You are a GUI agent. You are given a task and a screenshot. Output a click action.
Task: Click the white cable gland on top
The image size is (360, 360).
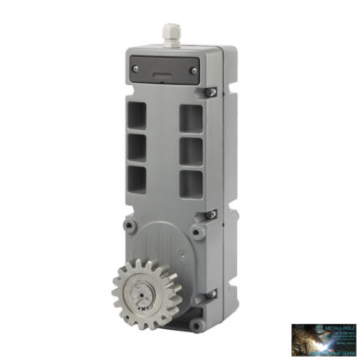[172, 33]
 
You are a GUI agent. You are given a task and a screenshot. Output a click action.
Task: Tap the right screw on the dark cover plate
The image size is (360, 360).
[194, 71]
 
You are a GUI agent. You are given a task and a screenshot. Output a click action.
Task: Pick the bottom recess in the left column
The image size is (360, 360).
[136, 177]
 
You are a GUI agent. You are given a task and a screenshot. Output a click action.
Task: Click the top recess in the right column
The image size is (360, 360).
[191, 118]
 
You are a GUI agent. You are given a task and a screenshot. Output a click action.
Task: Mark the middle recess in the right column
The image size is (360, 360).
[191, 151]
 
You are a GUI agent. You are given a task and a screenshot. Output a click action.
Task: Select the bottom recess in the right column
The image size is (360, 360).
[191, 183]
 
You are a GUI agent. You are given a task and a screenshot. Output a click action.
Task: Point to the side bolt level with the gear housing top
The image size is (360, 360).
[213, 214]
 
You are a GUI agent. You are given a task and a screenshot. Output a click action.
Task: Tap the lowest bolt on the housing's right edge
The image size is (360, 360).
[211, 292]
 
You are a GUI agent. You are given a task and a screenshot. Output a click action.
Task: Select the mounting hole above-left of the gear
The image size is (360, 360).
[127, 225]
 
